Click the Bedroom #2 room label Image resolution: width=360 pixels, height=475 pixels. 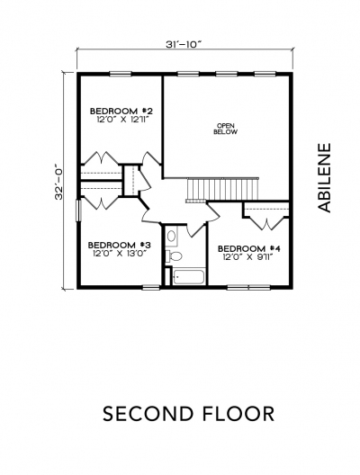[x=121, y=111]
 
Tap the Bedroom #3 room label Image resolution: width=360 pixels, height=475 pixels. [x=120, y=245]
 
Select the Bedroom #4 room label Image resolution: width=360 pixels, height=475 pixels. [x=249, y=248]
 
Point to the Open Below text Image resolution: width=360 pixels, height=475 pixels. [x=226, y=129]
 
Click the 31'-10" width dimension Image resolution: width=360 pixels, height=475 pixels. [x=184, y=44]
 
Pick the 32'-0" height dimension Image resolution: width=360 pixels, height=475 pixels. [x=58, y=182]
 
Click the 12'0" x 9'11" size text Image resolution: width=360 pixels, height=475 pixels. [x=248, y=257]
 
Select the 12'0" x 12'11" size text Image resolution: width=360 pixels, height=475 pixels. [x=124, y=119]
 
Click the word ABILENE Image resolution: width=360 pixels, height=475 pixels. [x=324, y=178]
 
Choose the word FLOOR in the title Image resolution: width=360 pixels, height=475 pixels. [x=238, y=414]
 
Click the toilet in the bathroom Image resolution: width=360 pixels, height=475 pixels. [x=174, y=256]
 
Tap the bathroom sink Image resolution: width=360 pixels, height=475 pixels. [x=172, y=236]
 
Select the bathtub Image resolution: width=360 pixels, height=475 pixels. [x=188, y=276]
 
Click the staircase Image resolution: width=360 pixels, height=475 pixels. [x=222, y=189]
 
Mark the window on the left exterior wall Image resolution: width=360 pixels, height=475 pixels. [x=78, y=211]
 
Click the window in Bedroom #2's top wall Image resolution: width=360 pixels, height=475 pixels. [x=121, y=73]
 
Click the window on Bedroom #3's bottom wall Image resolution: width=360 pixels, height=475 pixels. [x=151, y=287]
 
